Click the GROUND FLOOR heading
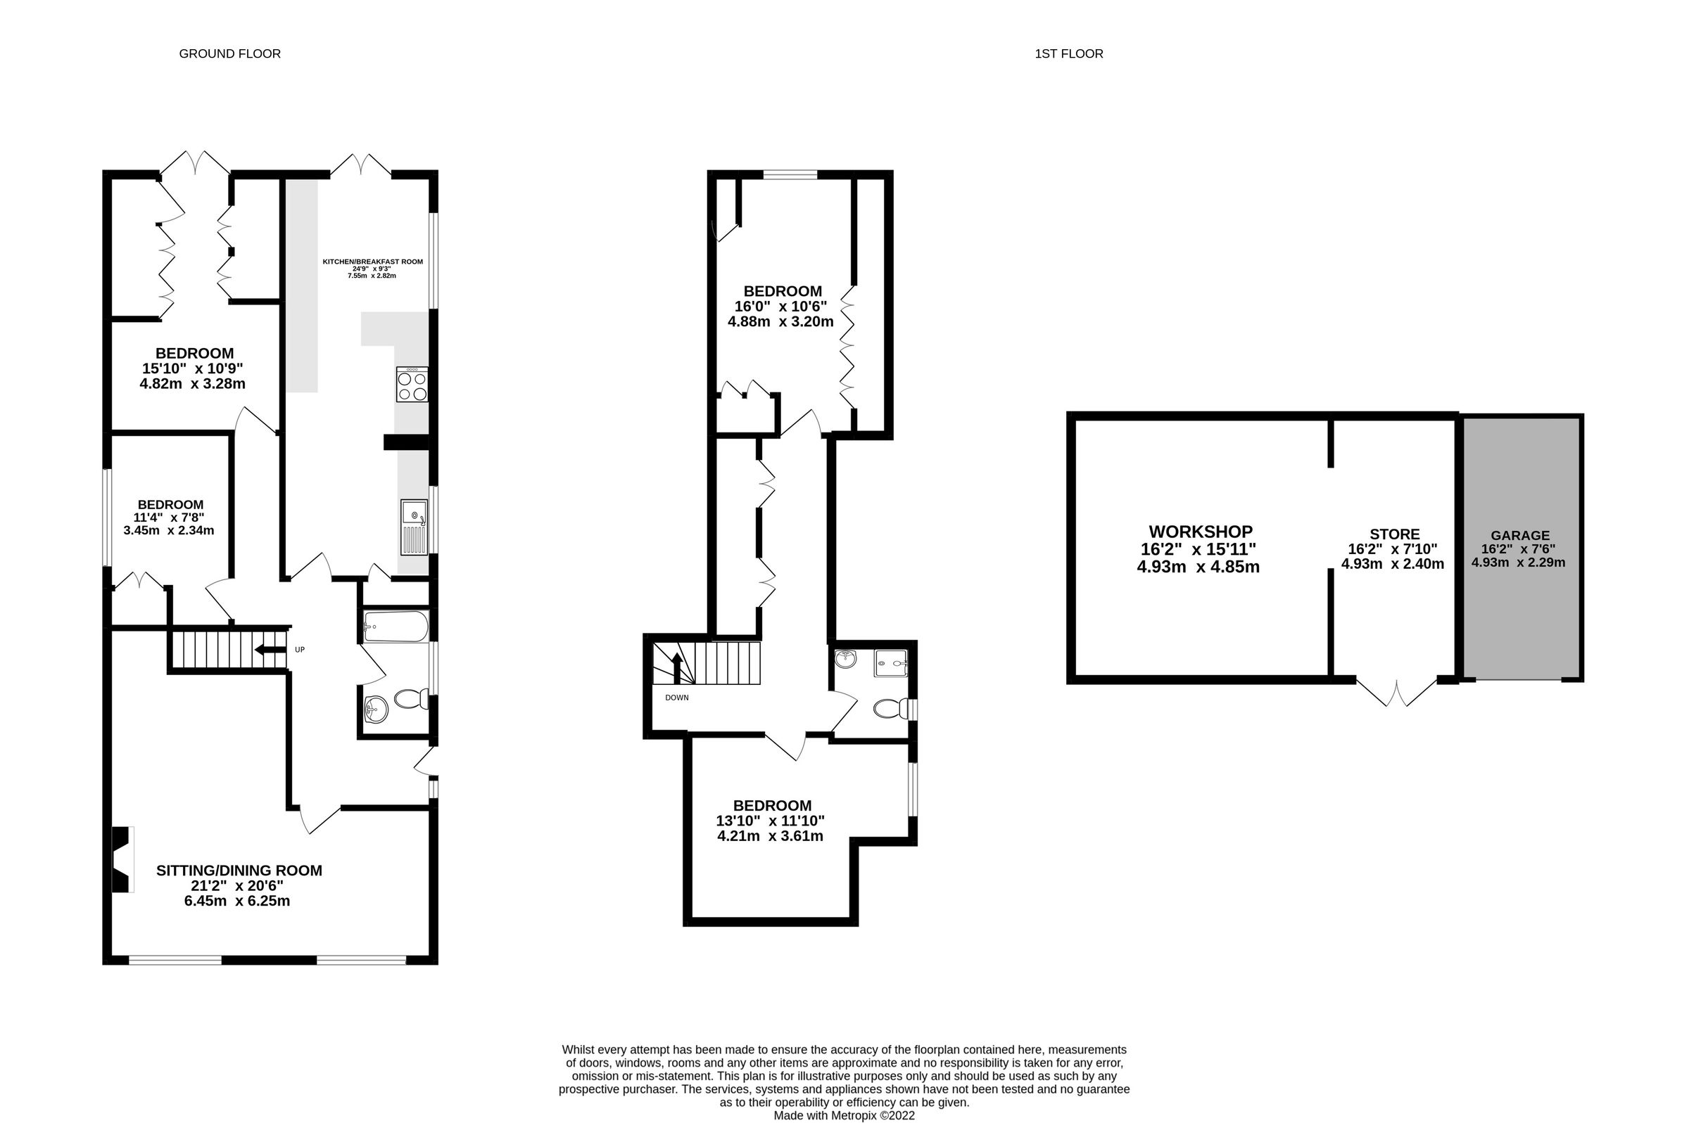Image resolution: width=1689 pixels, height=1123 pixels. click(x=229, y=53)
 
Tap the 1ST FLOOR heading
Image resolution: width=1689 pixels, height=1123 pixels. click(x=1068, y=53)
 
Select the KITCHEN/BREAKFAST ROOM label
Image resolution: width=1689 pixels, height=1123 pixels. click(x=372, y=262)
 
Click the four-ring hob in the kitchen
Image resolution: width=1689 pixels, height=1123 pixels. click(x=411, y=385)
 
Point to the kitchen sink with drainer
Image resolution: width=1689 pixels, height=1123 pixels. click(x=414, y=527)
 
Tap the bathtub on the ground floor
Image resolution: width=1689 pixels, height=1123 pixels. click(x=395, y=627)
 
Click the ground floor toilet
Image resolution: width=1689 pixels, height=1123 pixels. click(x=411, y=698)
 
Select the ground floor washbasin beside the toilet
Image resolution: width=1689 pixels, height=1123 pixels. click(x=375, y=709)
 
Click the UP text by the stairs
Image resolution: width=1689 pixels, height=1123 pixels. click(x=300, y=650)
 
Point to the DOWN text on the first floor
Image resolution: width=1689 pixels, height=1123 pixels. click(x=676, y=698)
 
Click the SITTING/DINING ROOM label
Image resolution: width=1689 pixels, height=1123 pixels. click(x=239, y=870)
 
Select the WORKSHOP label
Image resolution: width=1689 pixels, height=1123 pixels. click(x=1201, y=532)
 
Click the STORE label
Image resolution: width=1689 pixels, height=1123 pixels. click(x=1393, y=534)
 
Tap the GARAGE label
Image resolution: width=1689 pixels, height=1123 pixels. click(x=1520, y=536)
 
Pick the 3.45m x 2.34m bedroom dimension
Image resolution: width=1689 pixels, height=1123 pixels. click(x=168, y=531)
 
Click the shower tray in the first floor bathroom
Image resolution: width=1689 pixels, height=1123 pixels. click(x=890, y=662)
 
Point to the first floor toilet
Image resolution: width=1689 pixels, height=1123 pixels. click(x=887, y=709)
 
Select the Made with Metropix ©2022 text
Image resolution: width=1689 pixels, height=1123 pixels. click(x=843, y=1115)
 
